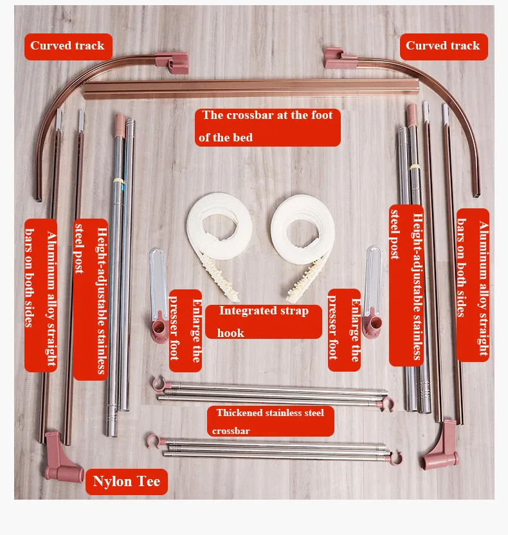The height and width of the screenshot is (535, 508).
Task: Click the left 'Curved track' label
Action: pos(68,46)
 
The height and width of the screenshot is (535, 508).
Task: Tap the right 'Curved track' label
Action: pos(444,46)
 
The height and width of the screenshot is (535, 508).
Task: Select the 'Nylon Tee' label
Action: pos(127,482)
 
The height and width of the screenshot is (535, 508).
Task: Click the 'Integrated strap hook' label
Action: pos(264,322)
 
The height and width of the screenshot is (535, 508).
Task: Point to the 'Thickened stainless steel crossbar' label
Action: pos(270,421)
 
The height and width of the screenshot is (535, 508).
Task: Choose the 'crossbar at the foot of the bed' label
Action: pos(268,127)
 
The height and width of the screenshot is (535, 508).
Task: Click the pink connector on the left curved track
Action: pos(172,62)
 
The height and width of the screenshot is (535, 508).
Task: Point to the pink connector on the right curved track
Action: pos(340,59)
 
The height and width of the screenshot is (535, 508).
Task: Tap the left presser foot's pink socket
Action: pos(159,328)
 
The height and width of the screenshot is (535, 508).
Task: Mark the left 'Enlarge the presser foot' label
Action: pos(185,331)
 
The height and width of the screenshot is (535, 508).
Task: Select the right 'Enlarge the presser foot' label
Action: pos(344,330)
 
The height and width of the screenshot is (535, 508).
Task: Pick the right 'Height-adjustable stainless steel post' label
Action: pos(406,286)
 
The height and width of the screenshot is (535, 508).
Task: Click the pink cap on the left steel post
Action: pos(120,125)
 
